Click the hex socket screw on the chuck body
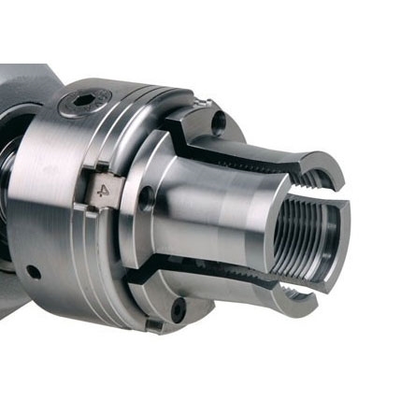coord(85,103)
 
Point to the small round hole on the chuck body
coord(34,272)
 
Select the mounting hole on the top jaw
coord(219,123)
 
